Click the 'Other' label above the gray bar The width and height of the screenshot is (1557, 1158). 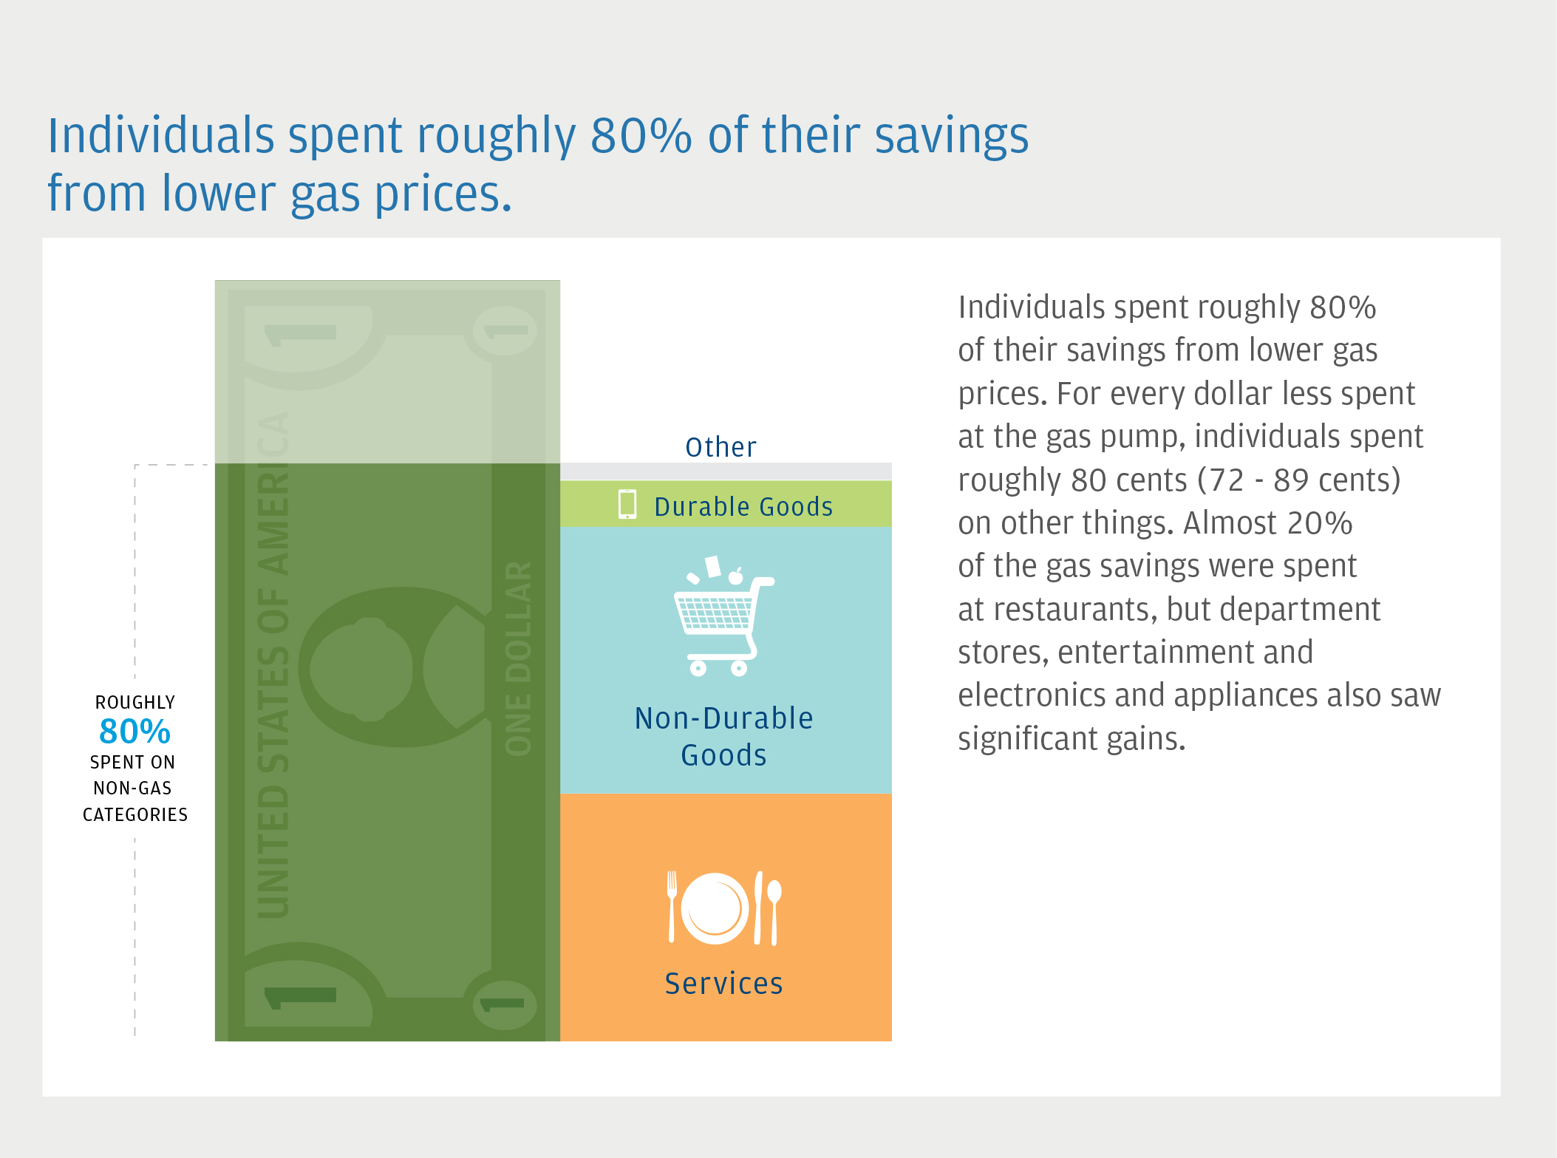click(x=720, y=447)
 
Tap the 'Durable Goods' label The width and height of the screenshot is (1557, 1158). click(x=743, y=507)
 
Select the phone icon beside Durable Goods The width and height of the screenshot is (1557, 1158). click(x=627, y=504)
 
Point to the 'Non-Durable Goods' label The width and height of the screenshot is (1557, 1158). click(x=724, y=736)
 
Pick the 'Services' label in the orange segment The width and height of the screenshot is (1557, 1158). click(x=723, y=984)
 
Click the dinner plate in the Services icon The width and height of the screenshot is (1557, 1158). click(x=715, y=908)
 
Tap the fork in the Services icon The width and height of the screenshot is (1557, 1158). click(x=672, y=907)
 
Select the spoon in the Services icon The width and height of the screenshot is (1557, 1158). click(x=774, y=913)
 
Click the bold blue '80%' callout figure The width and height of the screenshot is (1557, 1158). click(x=134, y=732)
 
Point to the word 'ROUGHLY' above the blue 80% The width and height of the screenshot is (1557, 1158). click(x=135, y=702)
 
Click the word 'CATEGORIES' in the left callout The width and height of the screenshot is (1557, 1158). click(x=135, y=814)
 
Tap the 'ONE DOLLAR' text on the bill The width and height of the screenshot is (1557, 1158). click(x=518, y=658)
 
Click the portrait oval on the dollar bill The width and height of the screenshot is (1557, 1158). click(x=361, y=667)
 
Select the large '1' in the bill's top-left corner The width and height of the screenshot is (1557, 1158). click(x=301, y=334)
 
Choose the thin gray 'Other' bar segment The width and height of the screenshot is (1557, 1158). click(x=726, y=471)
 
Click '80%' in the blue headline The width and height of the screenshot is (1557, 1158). click(x=641, y=135)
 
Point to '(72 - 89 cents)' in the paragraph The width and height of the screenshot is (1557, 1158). click(x=1298, y=480)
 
